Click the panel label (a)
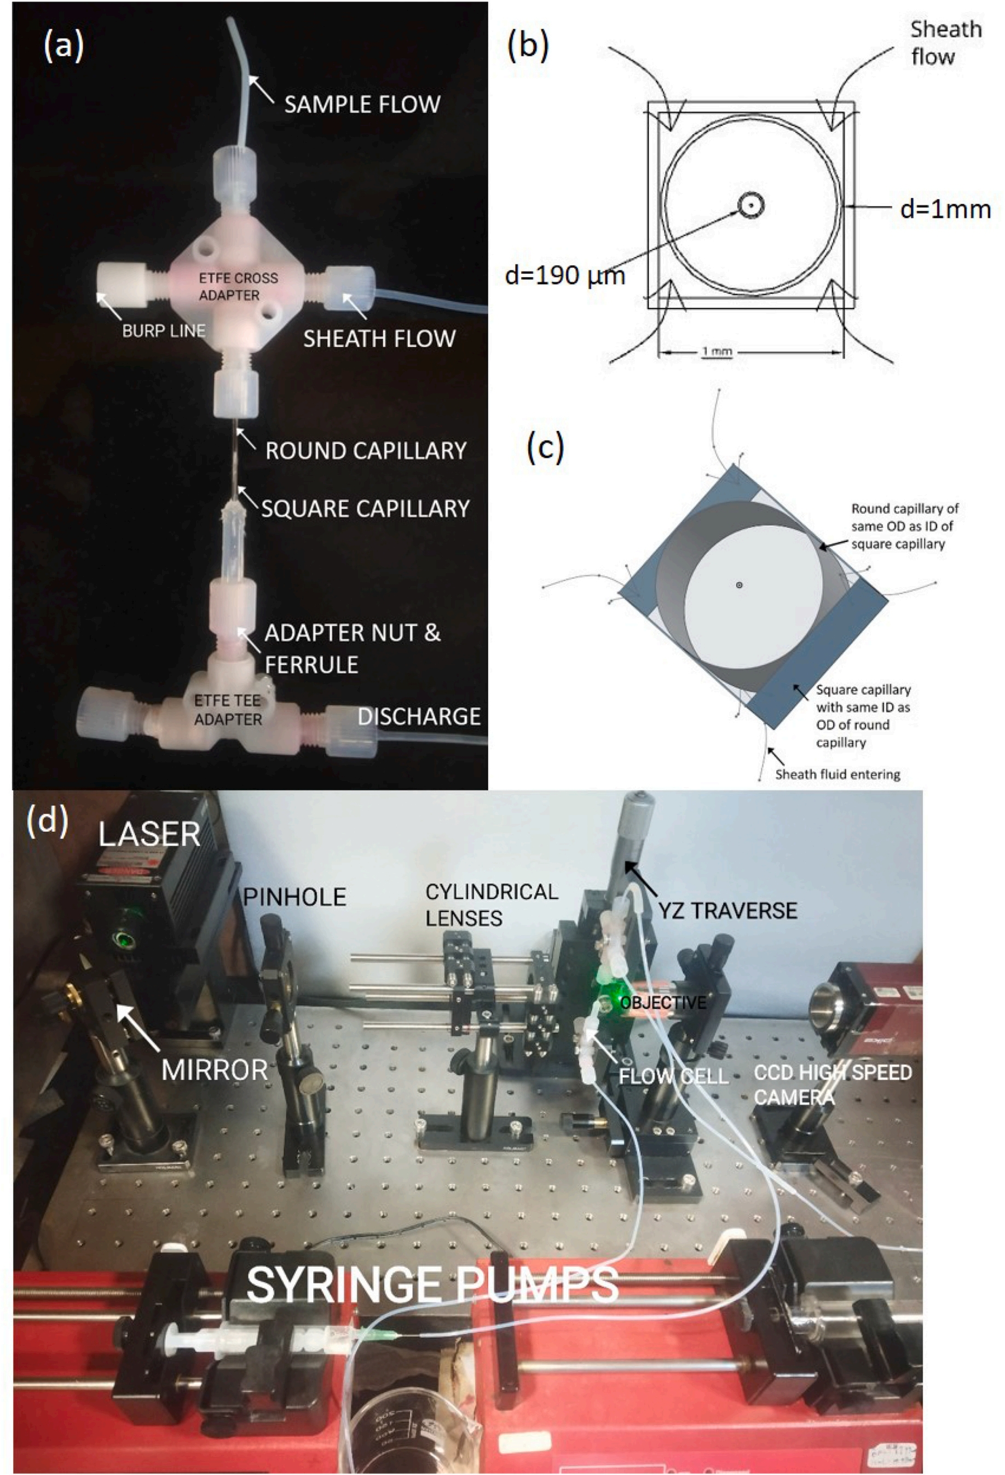click(x=63, y=47)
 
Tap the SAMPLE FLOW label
click(x=362, y=104)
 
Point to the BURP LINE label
click(x=164, y=330)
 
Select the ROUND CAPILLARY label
click(x=366, y=451)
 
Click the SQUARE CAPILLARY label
click(x=366, y=508)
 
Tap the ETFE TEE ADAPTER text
click(x=228, y=711)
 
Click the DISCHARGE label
click(x=419, y=716)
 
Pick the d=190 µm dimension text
click(x=565, y=276)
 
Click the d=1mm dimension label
click(x=945, y=209)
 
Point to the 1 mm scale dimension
click(x=717, y=351)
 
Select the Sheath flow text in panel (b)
click(x=945, y=43)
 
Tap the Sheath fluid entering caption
click(x=838, y=774)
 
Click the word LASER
click(x=149, y=833)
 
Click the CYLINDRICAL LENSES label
click(x=492, y=905)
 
